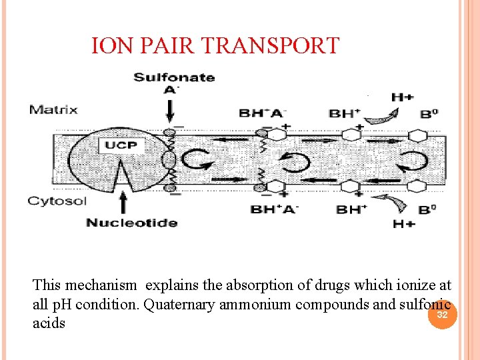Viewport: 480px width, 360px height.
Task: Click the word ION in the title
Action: pos(107,46)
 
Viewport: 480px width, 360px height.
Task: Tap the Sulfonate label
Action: pos(174,77)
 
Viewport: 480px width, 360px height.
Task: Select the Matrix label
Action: pos(53,109)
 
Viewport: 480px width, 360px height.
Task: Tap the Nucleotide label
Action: pos(131,222)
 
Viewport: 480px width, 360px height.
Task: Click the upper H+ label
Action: pos(403,97)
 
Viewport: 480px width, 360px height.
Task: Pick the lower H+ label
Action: pos(403,224)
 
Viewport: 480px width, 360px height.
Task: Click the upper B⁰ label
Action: pos(429,114)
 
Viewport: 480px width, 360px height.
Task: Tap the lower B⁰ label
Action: pos(429,210)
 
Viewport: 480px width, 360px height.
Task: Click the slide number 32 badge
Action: pos(442,314)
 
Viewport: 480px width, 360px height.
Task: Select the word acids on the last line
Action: pos(49,323)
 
